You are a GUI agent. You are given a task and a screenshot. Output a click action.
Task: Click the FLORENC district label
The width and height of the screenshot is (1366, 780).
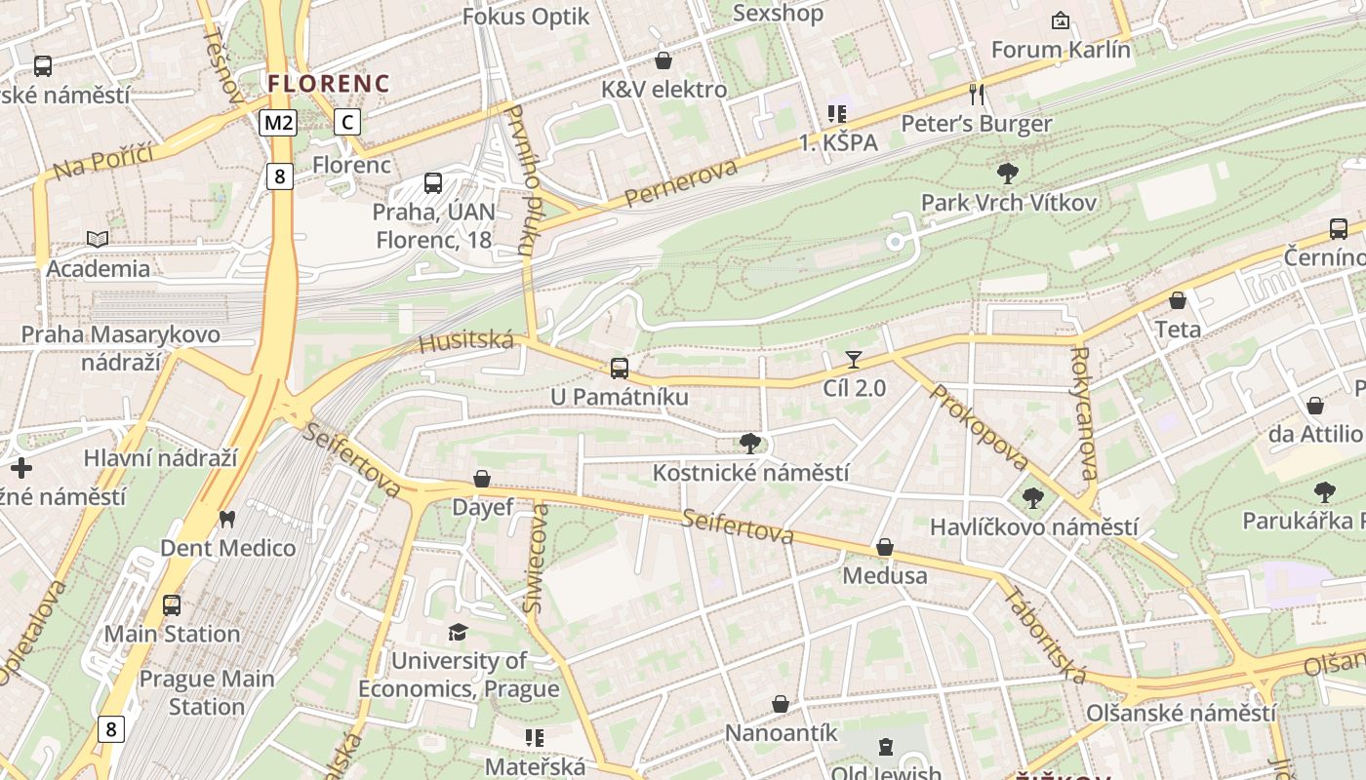coord(329,84)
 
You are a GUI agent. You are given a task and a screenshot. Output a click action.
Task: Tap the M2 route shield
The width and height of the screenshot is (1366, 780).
coord(278,122)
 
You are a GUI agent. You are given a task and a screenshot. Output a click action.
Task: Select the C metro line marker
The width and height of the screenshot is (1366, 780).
coord(346,122)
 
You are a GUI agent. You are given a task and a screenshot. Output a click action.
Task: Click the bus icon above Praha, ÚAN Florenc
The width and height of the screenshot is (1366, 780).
coord(433,182)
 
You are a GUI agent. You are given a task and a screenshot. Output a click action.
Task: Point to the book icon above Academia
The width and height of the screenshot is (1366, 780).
coord(98,239)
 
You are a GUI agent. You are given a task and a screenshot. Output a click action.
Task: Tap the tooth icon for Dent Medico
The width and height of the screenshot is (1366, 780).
coord(227,520)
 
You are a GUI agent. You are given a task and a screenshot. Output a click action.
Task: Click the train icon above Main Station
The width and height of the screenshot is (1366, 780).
coord(172,605)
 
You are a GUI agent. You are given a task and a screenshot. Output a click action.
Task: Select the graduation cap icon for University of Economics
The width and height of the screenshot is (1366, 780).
coord(458,633)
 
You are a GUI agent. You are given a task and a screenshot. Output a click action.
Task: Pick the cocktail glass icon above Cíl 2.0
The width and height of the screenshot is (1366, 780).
coord(854,360)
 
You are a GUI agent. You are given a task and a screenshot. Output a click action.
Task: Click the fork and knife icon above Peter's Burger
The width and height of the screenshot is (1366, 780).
coord(977,95)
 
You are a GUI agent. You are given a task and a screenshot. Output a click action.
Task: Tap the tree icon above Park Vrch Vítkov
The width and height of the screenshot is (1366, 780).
coord(1008,175)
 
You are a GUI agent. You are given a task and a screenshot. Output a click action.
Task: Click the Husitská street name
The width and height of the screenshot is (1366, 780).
coord(465,341)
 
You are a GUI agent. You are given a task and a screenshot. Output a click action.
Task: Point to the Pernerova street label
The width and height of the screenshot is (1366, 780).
coord(680,183)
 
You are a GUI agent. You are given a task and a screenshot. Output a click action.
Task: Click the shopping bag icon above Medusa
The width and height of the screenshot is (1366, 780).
coord(885,548)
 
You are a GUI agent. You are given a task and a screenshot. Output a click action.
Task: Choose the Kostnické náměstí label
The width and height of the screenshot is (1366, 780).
coord(750,473)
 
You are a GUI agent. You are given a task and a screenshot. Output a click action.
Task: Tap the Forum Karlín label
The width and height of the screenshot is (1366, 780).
coord(1061,49)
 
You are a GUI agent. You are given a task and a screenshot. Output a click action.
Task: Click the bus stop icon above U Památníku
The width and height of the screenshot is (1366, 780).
coord(620,369)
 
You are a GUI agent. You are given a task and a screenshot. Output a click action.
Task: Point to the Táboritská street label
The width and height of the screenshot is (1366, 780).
coord(1045,635)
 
